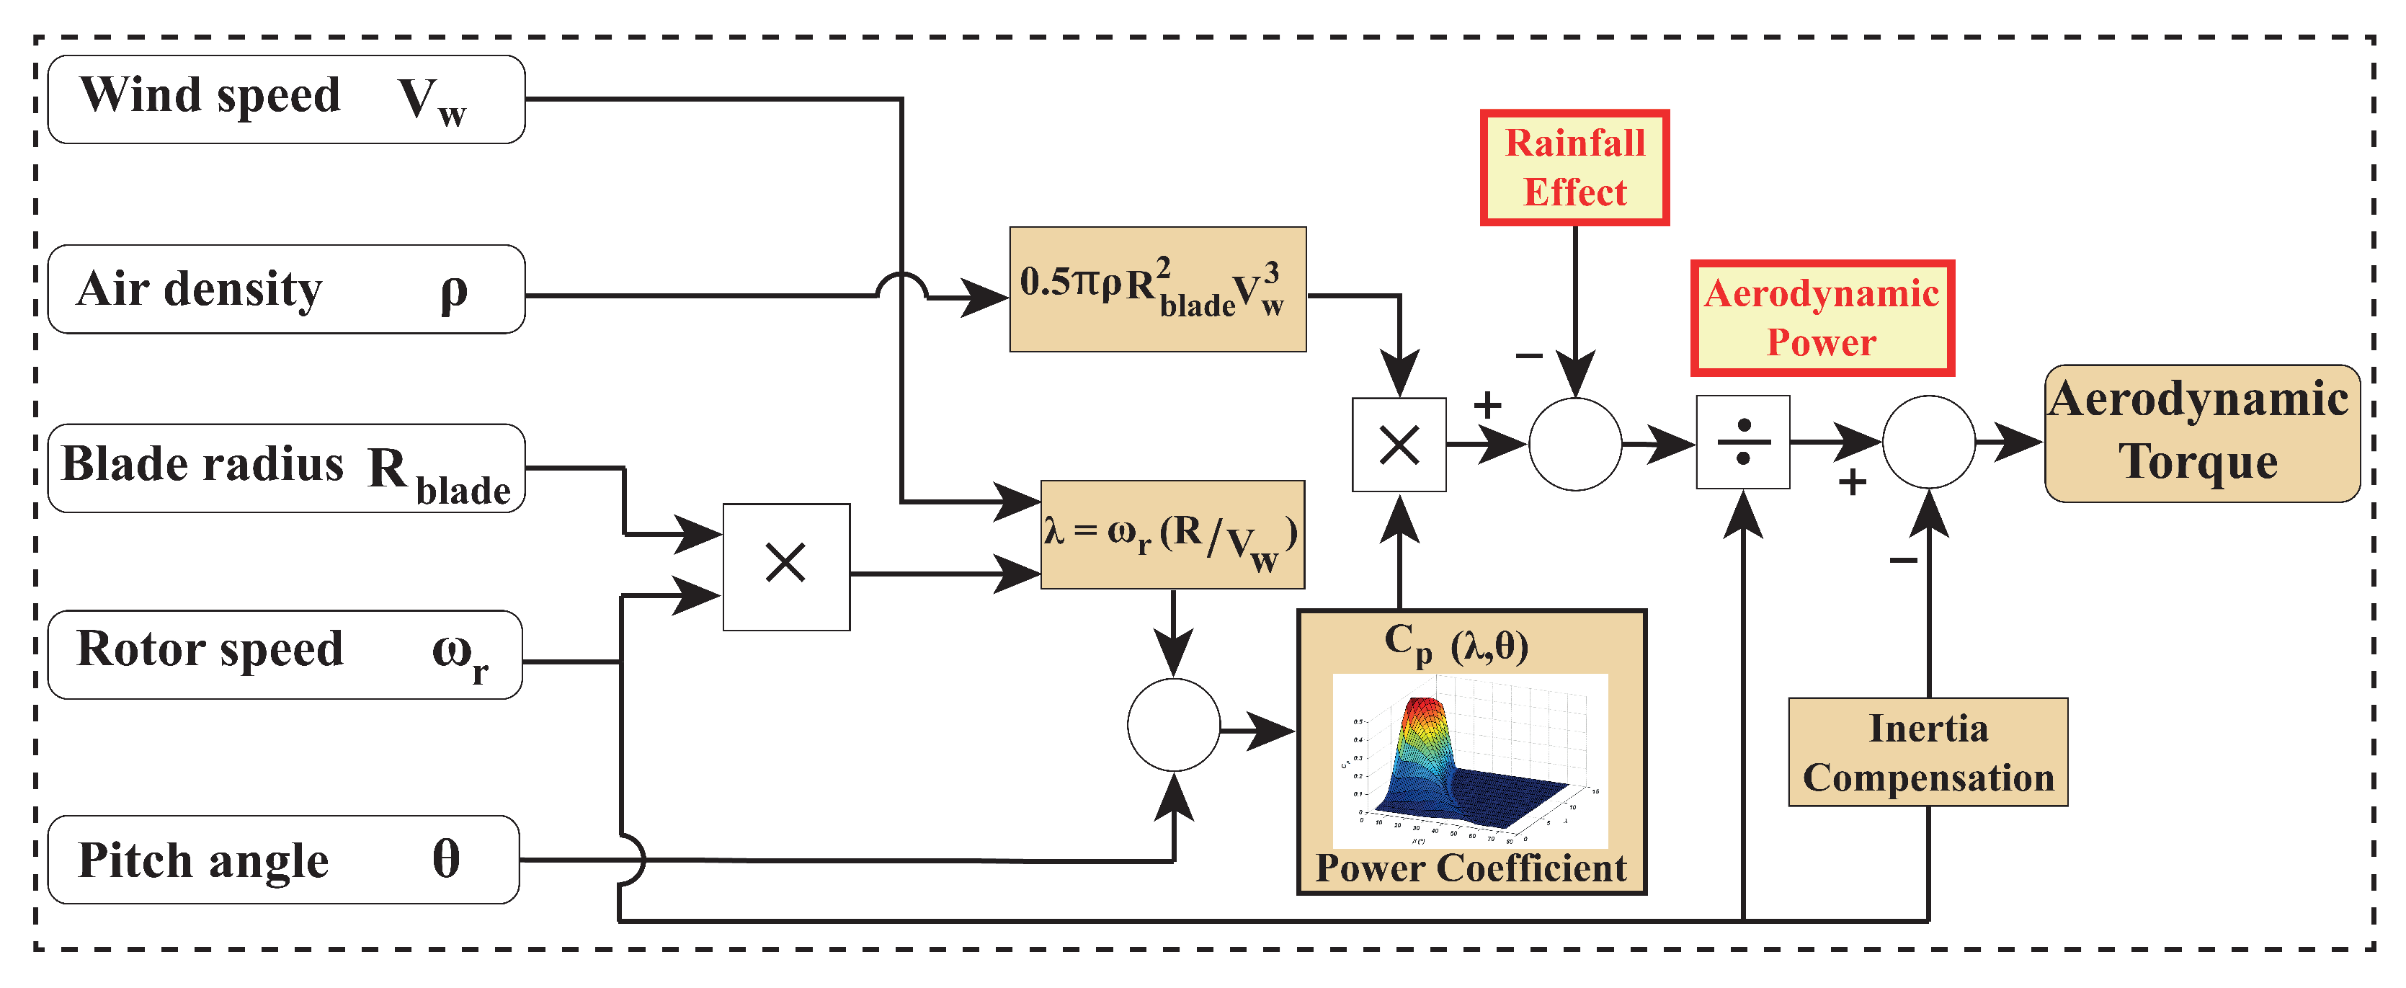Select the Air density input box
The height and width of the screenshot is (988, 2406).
tap(286, 290)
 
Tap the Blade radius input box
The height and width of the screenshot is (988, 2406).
tap(286, 468)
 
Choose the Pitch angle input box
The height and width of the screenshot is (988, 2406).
tap(283, 859)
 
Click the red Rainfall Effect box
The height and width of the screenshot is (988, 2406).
tap(1574, 168)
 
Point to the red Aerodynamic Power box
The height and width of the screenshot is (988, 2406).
tap(1822, 319)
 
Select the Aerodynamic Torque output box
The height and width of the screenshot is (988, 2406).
tap(2201, 433)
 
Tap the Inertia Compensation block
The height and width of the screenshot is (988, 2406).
tap(1927, 752)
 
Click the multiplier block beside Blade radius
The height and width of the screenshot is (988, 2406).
tap(785, 567)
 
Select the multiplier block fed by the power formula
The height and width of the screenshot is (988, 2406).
tap(1398, 445)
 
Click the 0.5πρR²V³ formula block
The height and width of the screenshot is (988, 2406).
tap(1157, 290)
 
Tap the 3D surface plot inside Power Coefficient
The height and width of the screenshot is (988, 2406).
tap(1469, 760)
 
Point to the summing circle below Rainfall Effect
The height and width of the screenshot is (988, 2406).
tap(1574, 445)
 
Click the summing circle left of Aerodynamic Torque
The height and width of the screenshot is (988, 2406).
tap(1928, 442)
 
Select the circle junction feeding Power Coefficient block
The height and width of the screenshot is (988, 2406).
tap(1173, 725)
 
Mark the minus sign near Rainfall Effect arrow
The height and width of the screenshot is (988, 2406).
tap(1528, 356)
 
